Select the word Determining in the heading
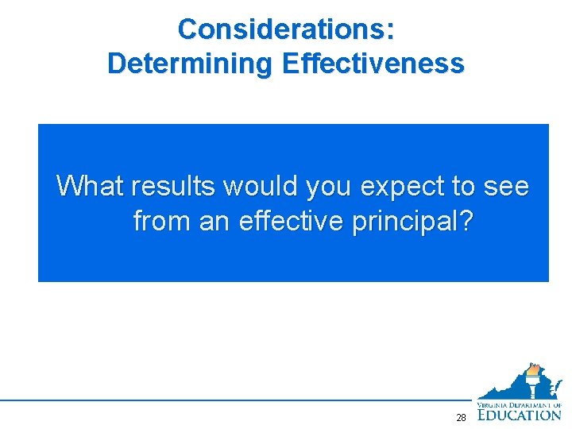coord(191,63)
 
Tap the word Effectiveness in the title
coord(372,63)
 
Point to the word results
coord(174,186)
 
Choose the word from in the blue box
coord(162,220)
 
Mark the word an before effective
coord(214,221)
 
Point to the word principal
coord(404,222)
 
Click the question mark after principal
coord(465,220)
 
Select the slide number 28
coord(461,417)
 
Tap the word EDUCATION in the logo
coord(520,414)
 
